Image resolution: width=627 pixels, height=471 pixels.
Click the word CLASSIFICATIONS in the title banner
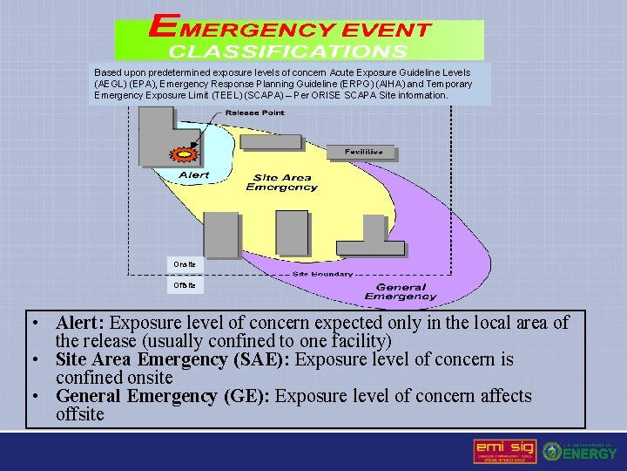287,51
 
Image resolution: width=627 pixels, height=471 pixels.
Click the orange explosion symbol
185,155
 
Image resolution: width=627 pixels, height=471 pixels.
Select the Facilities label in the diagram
363,152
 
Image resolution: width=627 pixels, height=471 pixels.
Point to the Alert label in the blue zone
193,175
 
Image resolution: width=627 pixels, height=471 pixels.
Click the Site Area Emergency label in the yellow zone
282,182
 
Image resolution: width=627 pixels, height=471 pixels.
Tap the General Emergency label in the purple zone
400,291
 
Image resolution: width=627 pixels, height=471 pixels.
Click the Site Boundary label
322,274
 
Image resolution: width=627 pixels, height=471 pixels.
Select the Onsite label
185,263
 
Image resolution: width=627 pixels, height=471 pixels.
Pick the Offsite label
185,285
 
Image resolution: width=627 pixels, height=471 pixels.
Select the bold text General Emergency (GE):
164,396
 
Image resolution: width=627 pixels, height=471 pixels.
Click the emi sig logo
504,450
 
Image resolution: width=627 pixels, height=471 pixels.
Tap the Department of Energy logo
580,450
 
